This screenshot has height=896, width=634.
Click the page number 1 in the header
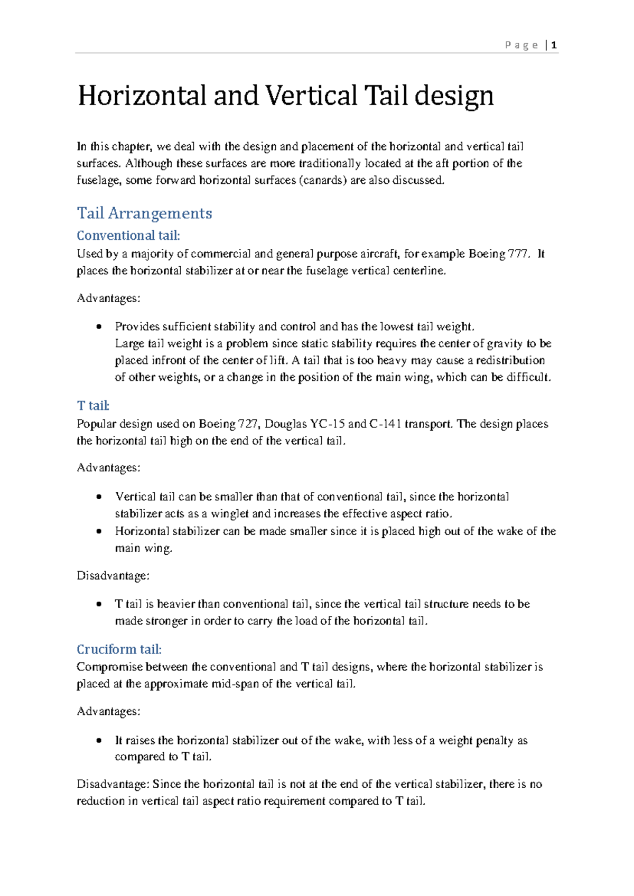554,45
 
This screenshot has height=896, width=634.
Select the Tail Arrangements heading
144,213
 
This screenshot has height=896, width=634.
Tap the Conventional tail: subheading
128,235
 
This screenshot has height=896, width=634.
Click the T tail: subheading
93,406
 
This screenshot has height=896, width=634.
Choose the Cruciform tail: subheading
119,649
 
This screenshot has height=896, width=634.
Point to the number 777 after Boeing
517,254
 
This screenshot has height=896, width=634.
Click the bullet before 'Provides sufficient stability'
99,327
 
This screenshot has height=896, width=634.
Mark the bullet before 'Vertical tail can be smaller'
99,497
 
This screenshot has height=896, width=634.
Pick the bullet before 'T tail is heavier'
99,604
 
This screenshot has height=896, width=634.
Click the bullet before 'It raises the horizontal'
99,741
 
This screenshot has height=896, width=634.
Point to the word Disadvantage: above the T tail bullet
113,576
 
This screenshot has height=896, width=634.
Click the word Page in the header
521,45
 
